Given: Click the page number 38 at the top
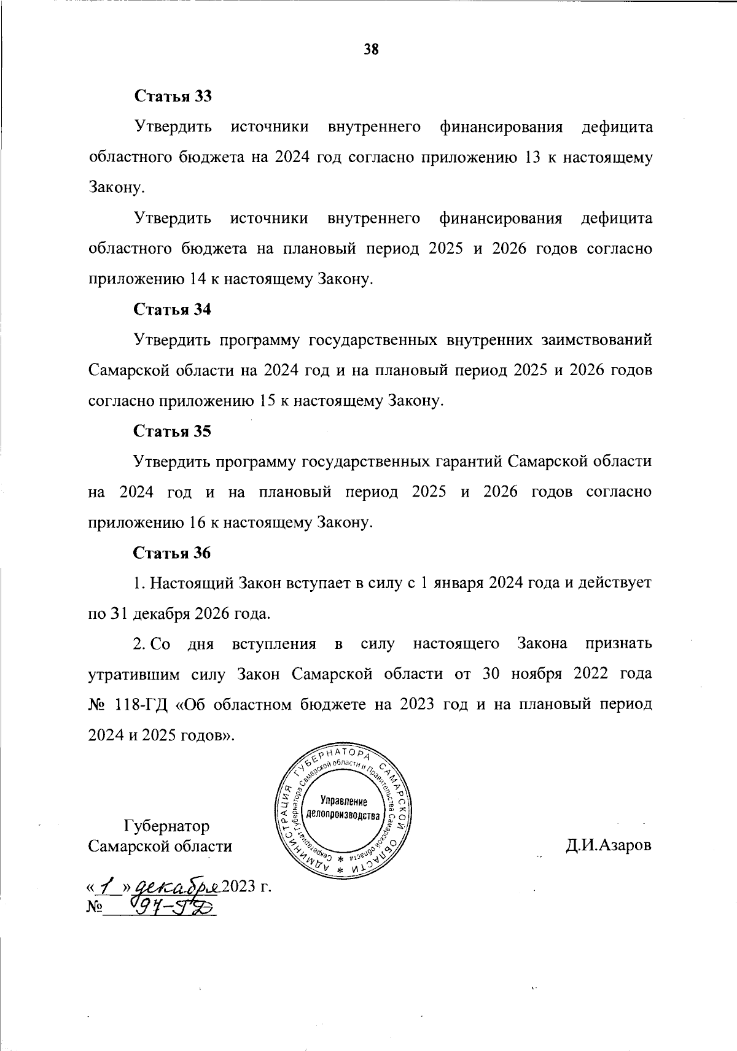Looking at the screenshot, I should (x=371, y=50).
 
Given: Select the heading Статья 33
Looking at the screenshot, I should (x=173, y=96).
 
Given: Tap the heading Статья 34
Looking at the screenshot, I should (x=173, y=309).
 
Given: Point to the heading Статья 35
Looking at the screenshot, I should (x=173, y=432).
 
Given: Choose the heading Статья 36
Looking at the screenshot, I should (x=173, y=553).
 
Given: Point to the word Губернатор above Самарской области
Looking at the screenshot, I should (x=166, y=826).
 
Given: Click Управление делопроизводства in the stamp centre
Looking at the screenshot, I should (x=343, y=809).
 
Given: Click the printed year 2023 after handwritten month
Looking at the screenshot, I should (x=239, y=887).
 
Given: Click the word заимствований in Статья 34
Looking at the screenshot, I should (x=596, y=340).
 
